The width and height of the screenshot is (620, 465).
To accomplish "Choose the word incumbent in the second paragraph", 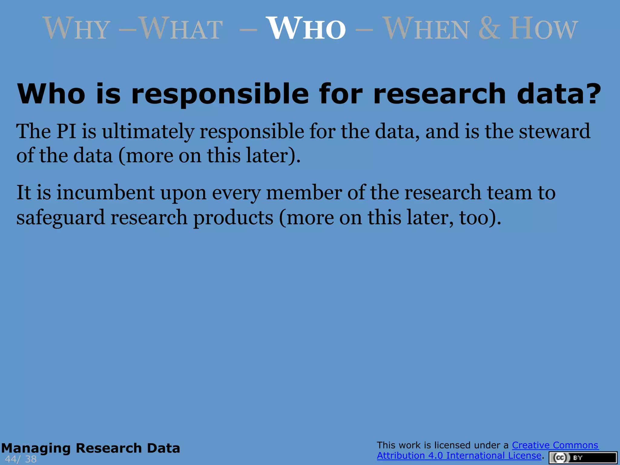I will (x=106, y=193).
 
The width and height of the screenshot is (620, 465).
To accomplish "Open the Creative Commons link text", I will (x=555, y=445).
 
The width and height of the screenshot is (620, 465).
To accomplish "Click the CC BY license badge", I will (x=583, y=458).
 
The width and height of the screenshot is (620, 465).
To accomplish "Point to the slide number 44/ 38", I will (x=21, y=459).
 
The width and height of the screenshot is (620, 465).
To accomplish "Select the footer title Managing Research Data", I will (x=91, y=448).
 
